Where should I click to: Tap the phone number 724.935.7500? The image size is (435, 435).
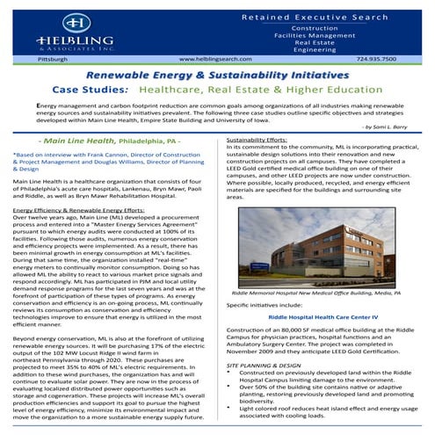pos(377,58)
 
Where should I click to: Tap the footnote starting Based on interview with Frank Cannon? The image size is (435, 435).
pos(110,161)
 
